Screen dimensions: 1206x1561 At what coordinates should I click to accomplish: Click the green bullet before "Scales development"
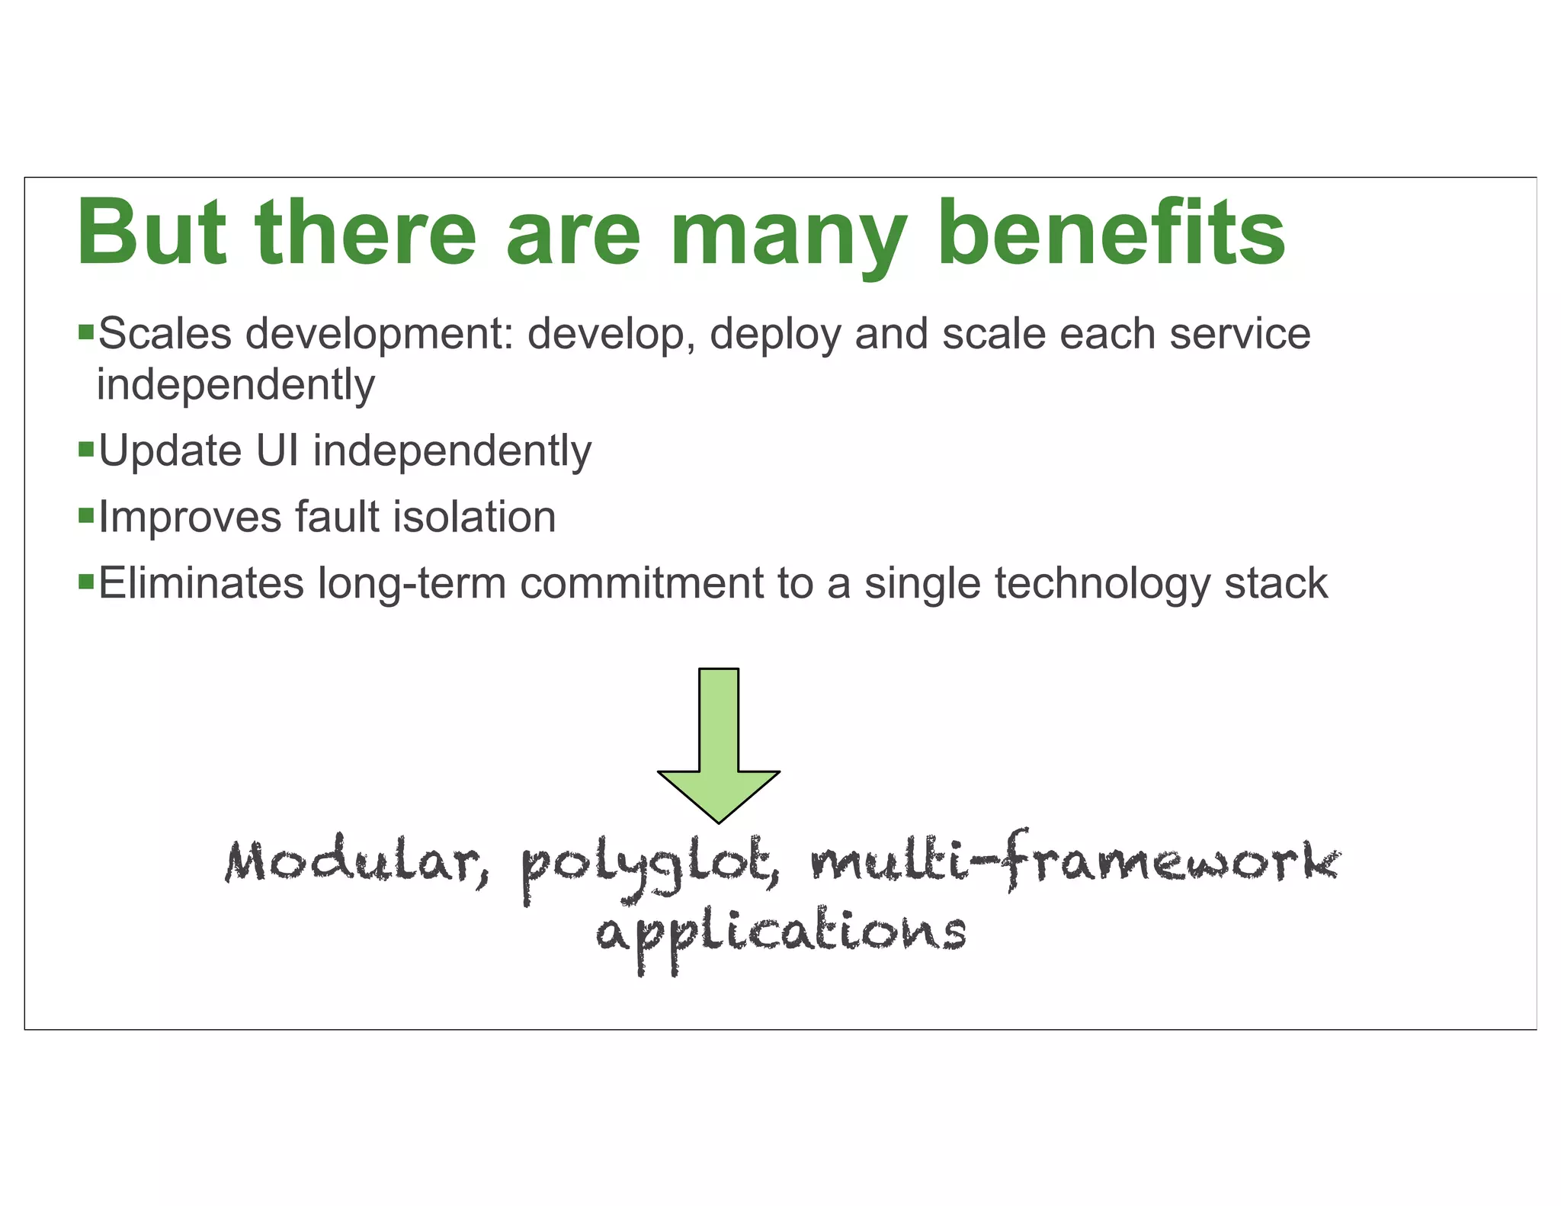coord(86,332)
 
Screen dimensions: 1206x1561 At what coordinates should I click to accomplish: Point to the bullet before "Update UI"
coord(86,447)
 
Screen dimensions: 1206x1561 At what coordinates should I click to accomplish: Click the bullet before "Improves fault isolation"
coord(86,515)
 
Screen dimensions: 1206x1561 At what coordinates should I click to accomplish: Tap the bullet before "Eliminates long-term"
coord(86,581)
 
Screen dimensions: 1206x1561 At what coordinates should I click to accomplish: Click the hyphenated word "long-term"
coord(412,585)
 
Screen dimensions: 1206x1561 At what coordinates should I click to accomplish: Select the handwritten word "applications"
coord(780,933)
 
